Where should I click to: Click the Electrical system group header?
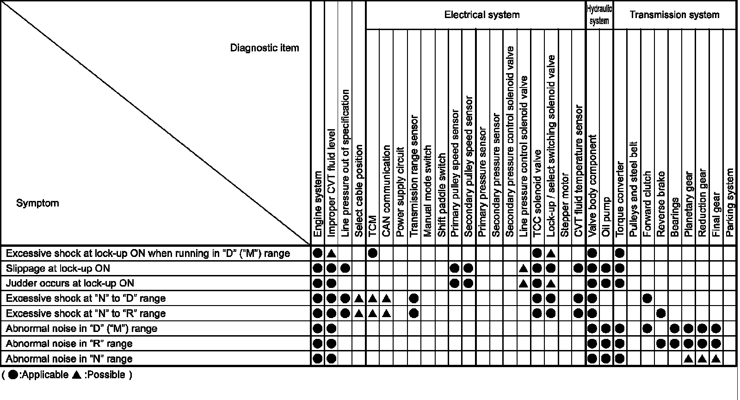click(481, 15)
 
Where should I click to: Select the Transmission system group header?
click(674, 15)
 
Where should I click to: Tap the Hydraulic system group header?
click(599, 15)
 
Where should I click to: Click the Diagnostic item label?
click(265, 48)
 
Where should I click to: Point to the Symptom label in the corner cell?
click(37, 203)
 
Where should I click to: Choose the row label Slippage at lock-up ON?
click(58, 269)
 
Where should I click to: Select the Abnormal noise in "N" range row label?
click(69, 359)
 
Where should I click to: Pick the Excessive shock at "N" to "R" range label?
click(86, 313)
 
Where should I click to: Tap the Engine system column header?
click(317, 204)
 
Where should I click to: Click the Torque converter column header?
click(620, 199)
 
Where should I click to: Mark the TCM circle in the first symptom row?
click(373, 253)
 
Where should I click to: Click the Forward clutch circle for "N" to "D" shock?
click(647, 299)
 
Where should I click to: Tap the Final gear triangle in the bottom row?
click(716, 359)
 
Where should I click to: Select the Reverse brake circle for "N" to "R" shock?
click(661, 313)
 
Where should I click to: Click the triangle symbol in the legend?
click(77, 375)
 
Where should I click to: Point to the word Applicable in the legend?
click(45, 375)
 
